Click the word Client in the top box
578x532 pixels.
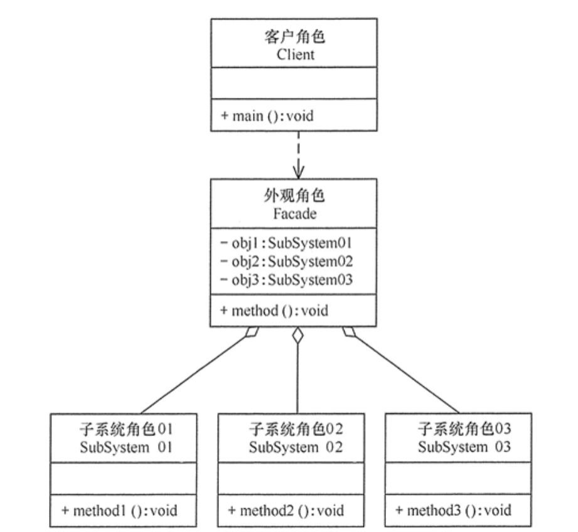[x=295, y=55]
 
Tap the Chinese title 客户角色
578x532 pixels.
[x=295, y=38]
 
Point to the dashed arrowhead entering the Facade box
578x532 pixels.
[x=298, y=171]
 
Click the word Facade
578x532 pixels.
[x=295, y=213]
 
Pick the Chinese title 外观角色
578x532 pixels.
[x=295, y=196]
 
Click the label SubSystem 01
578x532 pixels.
[x=126, y=447]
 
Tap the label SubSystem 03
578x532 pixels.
[x=463, y=447]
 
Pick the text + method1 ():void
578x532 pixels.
[x=119, y=511]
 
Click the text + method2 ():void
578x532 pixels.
[x=286, y=511]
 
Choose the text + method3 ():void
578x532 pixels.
[x=454, y=511]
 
